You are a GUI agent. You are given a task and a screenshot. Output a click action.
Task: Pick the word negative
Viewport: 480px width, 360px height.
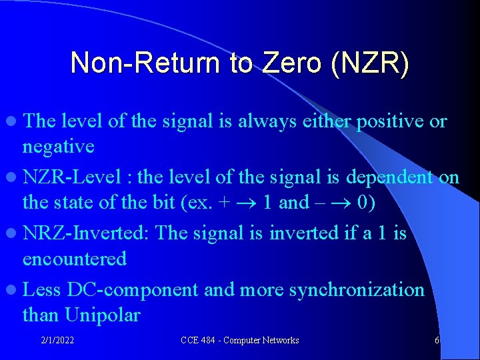click(x=59, y=146)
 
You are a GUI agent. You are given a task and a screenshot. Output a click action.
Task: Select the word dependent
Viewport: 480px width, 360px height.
click(x=381, y=178)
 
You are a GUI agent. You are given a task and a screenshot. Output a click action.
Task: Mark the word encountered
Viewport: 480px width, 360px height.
click(x=75, y=258)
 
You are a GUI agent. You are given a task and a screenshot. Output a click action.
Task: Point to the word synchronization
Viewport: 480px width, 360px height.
click(x=353, y=290)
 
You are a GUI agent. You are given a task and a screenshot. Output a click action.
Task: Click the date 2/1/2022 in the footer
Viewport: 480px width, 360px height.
click(x=57, y=341)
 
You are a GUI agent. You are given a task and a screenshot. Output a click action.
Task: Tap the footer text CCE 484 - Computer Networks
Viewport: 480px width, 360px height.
click(x=240, y=341)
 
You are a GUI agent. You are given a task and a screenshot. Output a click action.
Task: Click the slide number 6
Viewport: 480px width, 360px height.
click(x=437, y=341)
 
